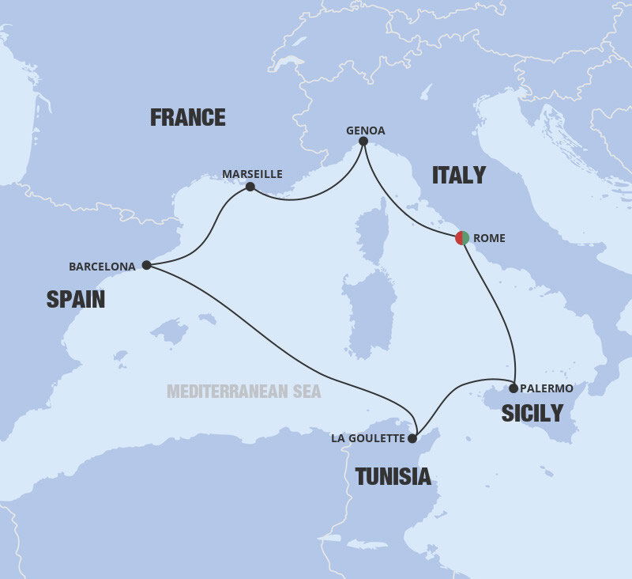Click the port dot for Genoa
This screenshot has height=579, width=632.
(x=363, y=142)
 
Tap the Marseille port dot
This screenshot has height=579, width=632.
(x=250, y=187)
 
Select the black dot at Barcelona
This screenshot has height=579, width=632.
(x=146, y=266)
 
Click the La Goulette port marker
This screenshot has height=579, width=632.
(x=412, y=437)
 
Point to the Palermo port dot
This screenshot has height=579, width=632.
(x=513, y=388)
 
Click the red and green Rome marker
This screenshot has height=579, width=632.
(x=462, y=237)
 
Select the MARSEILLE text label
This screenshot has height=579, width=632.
(x=252, y=174)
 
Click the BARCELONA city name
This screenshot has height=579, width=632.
(x=102, y=267)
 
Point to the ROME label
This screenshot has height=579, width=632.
(x=489, y=238)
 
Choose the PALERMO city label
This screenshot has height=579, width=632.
(x=547, y=388)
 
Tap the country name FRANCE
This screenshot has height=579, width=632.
(x=188, y=118)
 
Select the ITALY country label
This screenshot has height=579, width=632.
(x=458, y=176)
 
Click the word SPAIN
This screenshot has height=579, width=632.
(x=76, y=299)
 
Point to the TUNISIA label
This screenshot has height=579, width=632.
(x=393, y=476)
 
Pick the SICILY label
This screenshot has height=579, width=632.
(x=532, y=413)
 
